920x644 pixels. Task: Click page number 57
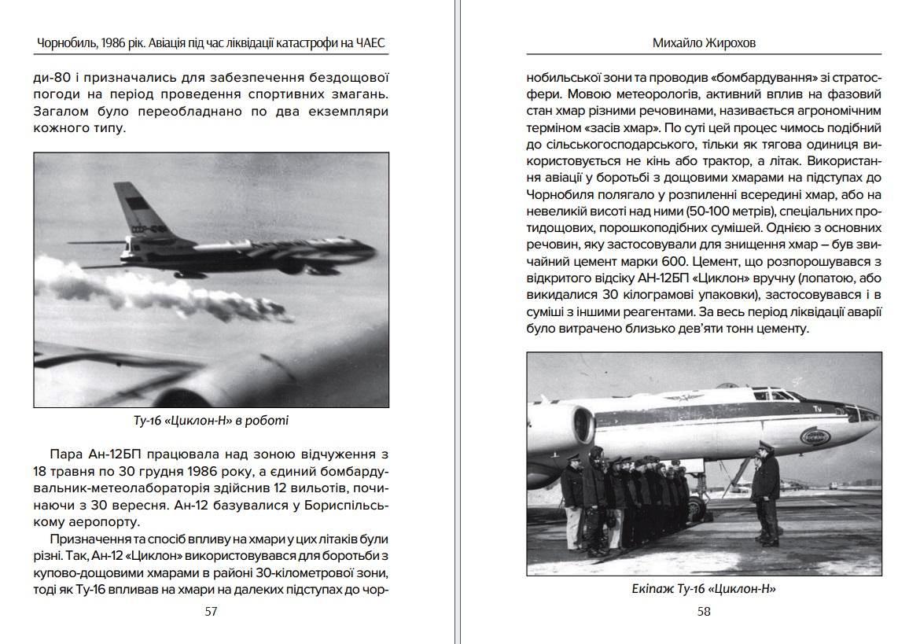(210, 611)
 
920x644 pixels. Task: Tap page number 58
(704, 611)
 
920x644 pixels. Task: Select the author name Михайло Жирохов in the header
(704, 42)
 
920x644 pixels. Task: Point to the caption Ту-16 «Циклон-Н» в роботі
(211, 421)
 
